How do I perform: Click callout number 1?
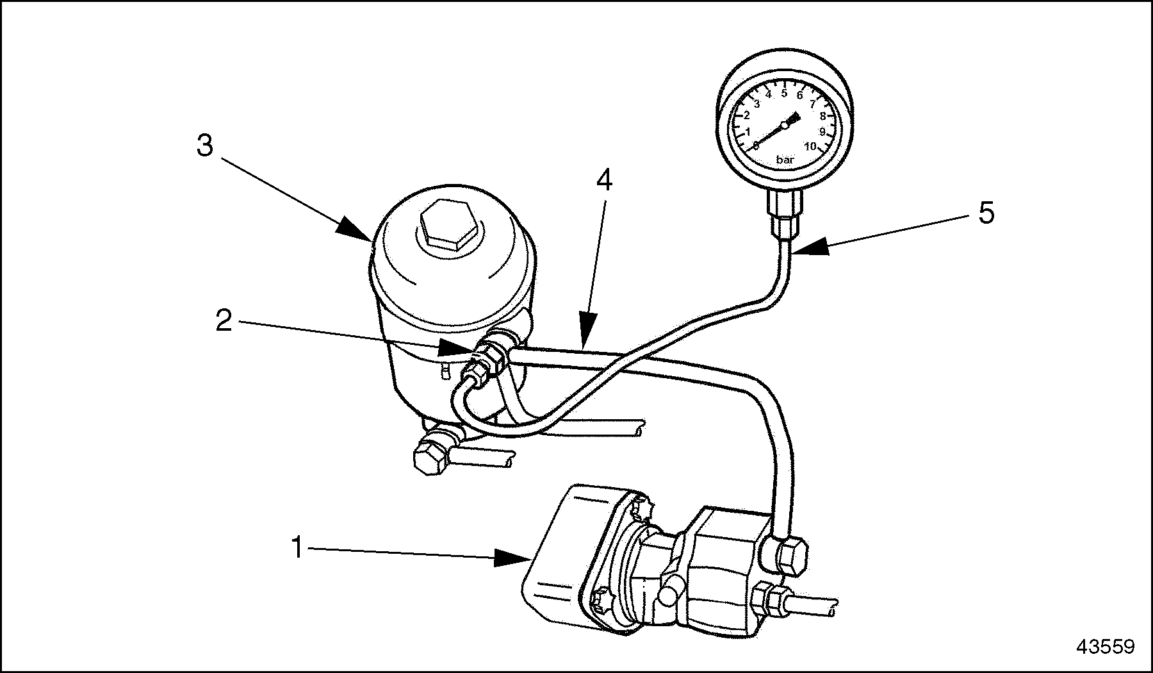pyautogui.click(x=296, y=548)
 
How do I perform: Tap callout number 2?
pyautogui.click(x=224, y=320)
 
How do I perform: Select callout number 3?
pyautogui.click(x=204, y=146)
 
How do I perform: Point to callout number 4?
pyautogui.click(x=604, y=181)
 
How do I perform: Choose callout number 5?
pyautogui.click(x=986, y=213)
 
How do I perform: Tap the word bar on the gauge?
pyautogui.click(x=785, y=160)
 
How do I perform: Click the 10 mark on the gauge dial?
pyautogui.click(x=810, y=146)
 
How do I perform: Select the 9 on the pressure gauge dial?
pyautogui.click(x=822, y=131)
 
